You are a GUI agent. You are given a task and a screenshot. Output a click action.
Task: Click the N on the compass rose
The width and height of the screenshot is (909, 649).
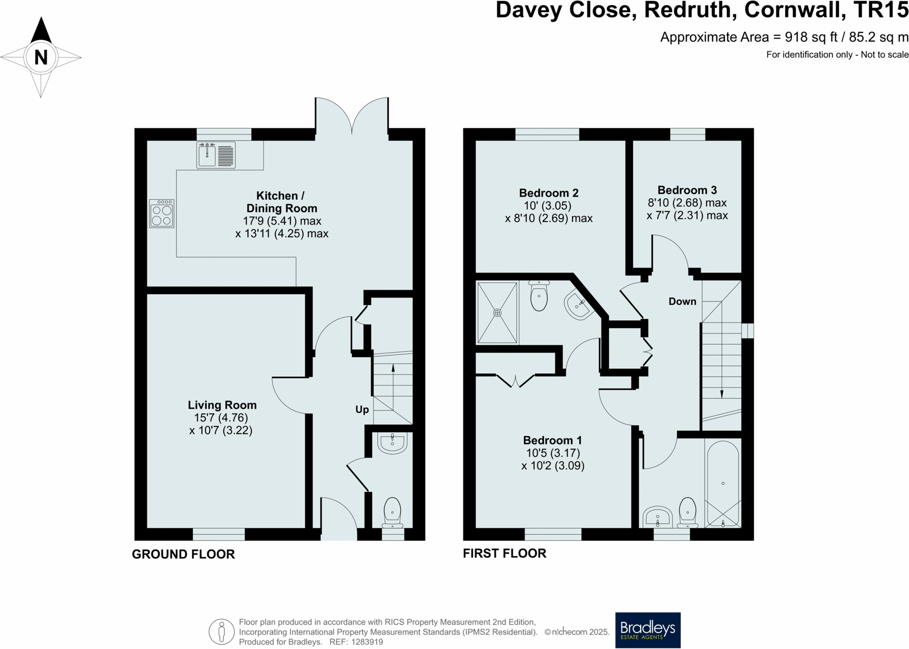coord(41,57)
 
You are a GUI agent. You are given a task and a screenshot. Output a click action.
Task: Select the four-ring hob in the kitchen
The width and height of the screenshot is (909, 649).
coord(161,214)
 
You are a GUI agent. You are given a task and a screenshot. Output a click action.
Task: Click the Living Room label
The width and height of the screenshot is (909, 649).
coord(222,405)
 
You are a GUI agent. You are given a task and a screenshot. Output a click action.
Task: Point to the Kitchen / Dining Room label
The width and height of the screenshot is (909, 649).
coord(281,202)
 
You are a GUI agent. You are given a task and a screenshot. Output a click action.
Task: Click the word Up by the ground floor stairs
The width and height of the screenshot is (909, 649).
coord(362,409)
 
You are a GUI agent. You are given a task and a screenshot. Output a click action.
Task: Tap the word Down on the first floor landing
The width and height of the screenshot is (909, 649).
coord(682,301)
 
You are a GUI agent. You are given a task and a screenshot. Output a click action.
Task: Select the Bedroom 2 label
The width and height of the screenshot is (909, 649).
coord(548,193)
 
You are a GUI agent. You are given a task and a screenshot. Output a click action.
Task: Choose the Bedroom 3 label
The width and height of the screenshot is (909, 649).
coord(687,190)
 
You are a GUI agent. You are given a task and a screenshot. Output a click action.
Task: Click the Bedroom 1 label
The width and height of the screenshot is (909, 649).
coord(552,440)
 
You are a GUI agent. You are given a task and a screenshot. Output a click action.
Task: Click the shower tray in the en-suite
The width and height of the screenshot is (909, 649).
coord(497,313)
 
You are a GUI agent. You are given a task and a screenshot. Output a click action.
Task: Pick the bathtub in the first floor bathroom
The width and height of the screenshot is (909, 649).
coord(723,484)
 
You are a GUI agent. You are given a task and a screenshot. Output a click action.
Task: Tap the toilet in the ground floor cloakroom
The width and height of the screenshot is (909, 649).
coord(392,512)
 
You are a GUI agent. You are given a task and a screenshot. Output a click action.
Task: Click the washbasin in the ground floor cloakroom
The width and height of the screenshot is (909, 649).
coord(392,443)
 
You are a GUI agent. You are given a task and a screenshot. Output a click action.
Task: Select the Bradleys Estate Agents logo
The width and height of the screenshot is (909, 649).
coord(647,630)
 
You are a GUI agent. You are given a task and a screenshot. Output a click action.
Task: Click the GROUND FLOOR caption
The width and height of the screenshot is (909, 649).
coord(183,554)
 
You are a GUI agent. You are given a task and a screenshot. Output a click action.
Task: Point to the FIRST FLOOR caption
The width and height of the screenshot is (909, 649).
coord(504,553)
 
